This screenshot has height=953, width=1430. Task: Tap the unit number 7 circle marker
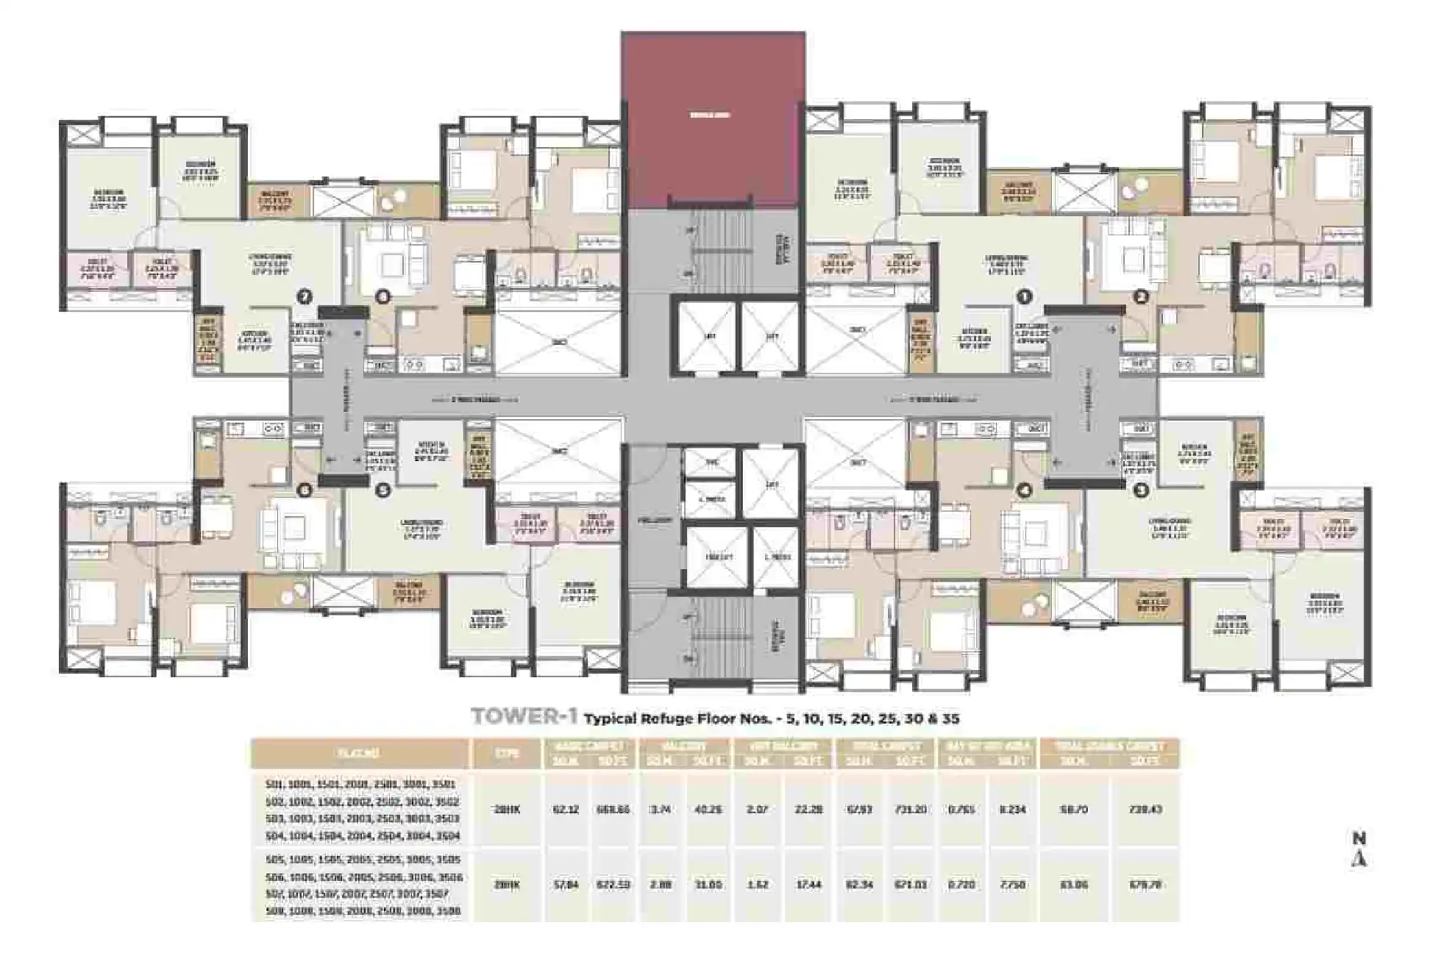tap(304, 297)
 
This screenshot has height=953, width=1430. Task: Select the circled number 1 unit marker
tap(1023, 297)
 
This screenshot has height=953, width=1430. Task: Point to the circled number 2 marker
tap(1140, 297)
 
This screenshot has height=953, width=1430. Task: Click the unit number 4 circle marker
tap(1024, 490)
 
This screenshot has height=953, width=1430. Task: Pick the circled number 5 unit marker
tap(382, 490)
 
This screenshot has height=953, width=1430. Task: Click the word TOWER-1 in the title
tap(524, 718)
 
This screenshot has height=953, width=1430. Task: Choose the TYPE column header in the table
tap(507, 754)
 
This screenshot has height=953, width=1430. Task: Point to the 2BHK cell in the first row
tap(507, 810)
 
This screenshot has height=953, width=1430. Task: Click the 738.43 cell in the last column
tap(1145, 810)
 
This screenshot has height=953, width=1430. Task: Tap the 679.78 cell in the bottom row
tap(1145, 885)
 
